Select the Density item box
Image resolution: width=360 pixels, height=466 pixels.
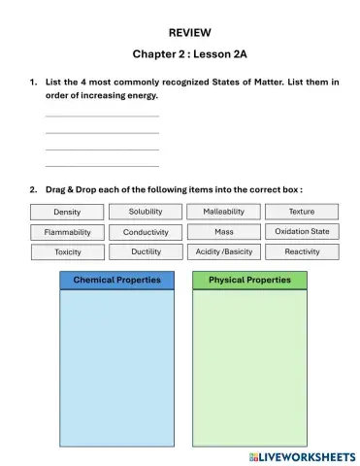[67, 212]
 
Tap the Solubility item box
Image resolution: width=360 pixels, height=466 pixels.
[146, 212]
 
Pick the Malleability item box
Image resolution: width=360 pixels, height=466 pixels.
[223, 212]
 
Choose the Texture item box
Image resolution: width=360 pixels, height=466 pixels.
[302, 212]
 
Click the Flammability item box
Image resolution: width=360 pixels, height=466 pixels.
[67, 232]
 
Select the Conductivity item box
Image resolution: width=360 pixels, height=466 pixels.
[146, 232]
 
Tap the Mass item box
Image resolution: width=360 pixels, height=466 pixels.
[223, 232]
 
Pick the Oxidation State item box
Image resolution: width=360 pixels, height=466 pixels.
[302, 232]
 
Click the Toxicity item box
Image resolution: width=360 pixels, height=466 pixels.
[67, 251]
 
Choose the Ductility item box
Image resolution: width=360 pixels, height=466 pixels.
[146, 251]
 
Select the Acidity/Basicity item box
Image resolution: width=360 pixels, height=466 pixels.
[223, 251]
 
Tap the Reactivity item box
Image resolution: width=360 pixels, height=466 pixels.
[302, 251]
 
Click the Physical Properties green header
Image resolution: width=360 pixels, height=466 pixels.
[249, 281]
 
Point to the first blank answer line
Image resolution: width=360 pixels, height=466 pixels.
[102, 116]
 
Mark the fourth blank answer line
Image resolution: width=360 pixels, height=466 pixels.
[102, 165]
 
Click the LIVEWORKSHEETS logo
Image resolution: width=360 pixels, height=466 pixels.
[301, 456]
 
